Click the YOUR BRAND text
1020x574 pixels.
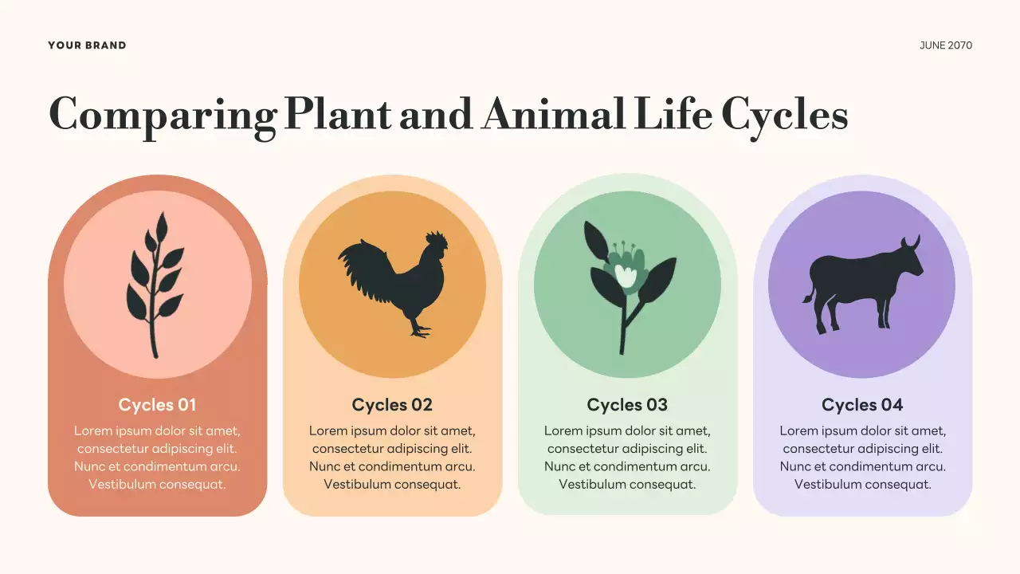coord(87,45)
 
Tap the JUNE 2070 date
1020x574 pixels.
coord(946,45)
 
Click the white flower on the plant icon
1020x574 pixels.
coord(626,276)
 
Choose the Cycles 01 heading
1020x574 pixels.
coord(157,405)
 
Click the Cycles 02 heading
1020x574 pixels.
coord(392,405)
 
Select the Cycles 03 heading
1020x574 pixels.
coord(627,405)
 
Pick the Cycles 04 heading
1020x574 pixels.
coord(862,405)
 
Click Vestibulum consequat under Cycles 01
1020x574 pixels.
coord(157,484)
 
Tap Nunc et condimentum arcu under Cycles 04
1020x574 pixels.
coord(862,466)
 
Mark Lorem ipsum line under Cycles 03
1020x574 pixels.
coord(627,431)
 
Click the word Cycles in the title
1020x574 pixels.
coord(784,115)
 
